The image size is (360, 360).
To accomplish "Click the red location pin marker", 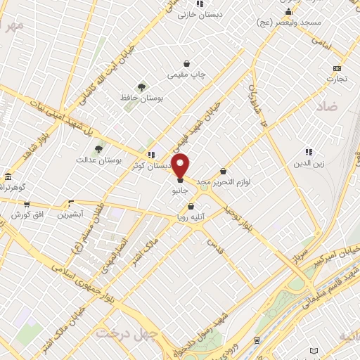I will tap(181, 165).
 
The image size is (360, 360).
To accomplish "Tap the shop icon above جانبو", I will tap(181, 181).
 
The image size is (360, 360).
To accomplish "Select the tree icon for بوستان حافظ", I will tap(142, 87).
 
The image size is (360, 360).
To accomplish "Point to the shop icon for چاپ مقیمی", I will tap(186, 63).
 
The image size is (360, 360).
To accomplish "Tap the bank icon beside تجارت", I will tap(337, 68).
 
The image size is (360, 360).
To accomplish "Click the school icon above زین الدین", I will tap(308, 152).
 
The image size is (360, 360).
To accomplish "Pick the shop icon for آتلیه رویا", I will tap(191, 206).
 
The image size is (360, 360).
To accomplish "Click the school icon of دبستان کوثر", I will tap(150, 155).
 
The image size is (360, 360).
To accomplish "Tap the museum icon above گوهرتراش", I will tap(8, 176).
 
